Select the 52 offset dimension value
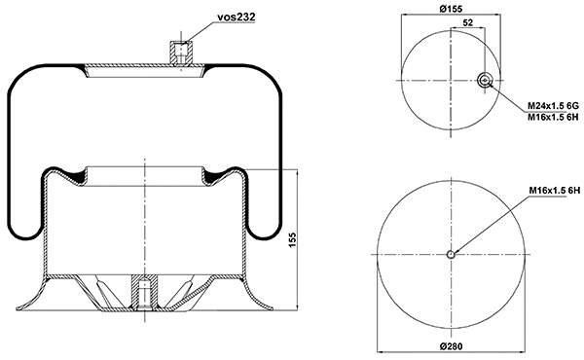469,23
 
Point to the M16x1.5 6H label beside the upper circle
553,117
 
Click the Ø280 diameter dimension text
452,348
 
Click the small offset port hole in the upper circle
485,81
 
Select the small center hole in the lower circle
452,256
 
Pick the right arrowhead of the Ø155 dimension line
504,17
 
